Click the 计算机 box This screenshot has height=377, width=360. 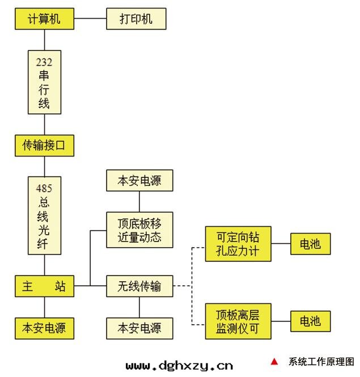coord(44,19)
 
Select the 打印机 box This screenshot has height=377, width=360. coord(136,19)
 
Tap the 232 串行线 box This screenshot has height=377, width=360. coord(44,82)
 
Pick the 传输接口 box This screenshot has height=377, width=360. coord(44,146)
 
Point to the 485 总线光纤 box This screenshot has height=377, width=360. coord(44,215)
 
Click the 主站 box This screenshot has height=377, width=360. coord(44,286)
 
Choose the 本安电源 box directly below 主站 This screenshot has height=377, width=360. coord(44,328)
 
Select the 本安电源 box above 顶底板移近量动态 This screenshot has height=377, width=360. coord(139,181)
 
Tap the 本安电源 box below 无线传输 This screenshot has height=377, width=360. coord(139,328)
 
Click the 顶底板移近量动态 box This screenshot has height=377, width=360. coord(139,230)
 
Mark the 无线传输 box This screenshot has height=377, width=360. coord(139,286)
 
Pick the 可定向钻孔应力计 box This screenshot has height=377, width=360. coord(239,244)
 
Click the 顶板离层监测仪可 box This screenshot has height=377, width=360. coord(239,321)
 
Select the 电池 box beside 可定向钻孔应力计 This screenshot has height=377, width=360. coord(310,244)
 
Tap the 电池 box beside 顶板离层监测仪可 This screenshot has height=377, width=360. coord(310,321)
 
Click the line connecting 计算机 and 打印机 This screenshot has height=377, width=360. coord(90,19)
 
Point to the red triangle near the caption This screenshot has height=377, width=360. coord(274,362)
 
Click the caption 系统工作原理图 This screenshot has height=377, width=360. coord(321,362)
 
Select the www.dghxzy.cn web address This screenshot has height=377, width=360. coord(179,366)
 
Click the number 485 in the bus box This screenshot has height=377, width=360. coord(44,188)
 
